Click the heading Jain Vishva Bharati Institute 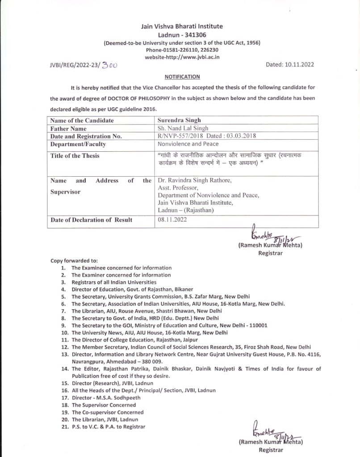(181, 27)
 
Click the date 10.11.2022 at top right (297, 64)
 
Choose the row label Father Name (69, 128)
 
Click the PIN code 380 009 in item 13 (154, 361)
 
